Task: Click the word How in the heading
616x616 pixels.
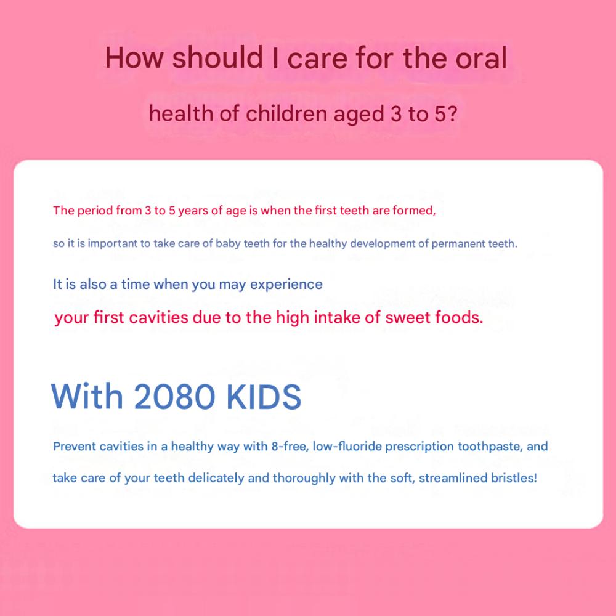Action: (134, 58)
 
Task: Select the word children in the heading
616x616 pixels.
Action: (286, 114)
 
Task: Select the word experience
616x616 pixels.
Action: (286, 285)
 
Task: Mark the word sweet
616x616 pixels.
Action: (406, 317)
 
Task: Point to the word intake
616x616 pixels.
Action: (336, 317)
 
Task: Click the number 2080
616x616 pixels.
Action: (174, 396)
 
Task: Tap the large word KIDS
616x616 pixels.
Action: (264, 396)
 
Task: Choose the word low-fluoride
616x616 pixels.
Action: (347, 446)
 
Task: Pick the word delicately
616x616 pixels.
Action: (216, 479)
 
